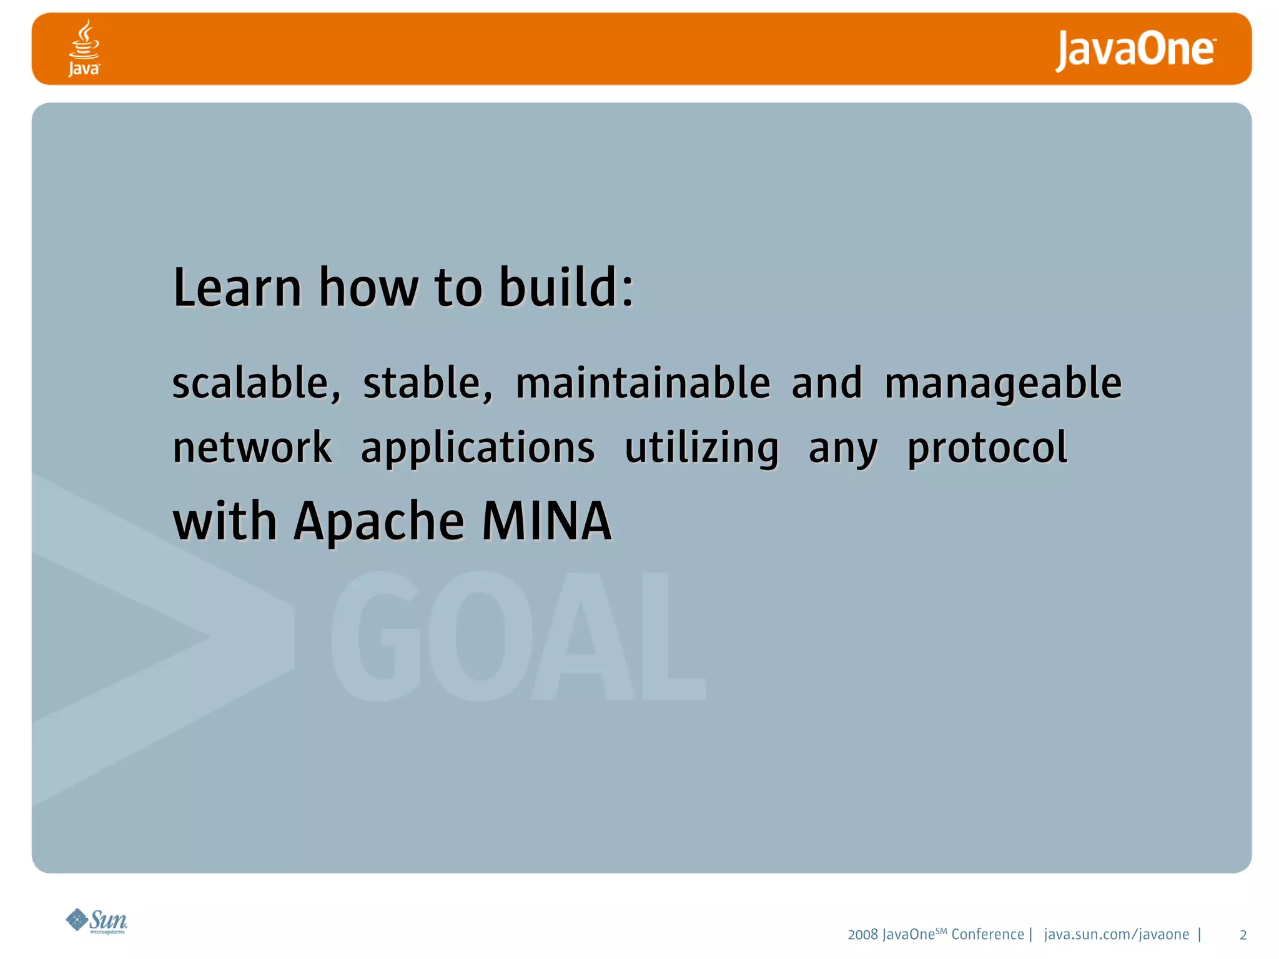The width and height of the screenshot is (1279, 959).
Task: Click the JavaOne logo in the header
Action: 1135,50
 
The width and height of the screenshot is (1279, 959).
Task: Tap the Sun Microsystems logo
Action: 97,921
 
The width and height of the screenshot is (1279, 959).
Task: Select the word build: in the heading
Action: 566,288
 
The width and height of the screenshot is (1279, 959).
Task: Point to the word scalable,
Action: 256,383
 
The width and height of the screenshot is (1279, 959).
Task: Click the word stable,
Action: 428,383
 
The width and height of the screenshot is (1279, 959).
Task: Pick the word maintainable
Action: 643,383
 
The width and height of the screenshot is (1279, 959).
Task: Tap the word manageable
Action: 1003,384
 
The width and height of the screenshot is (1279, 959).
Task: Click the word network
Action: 252,448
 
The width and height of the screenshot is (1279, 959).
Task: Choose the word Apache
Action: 379,522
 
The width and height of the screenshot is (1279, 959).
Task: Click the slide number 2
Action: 1243,935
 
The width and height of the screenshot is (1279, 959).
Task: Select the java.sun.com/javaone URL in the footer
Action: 1116,935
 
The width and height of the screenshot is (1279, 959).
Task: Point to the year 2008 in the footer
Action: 862,935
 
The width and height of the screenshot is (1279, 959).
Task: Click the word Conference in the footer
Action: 987,935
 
